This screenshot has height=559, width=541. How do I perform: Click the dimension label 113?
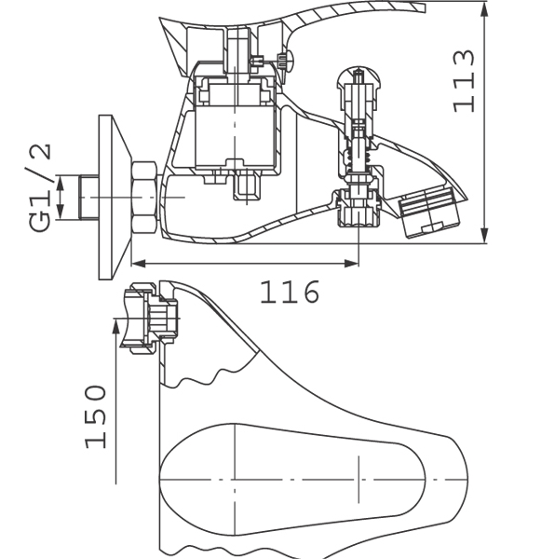tap(464, 81)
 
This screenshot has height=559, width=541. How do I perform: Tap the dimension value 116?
tap(290, 292)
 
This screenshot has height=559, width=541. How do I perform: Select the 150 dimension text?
tap(96, 416)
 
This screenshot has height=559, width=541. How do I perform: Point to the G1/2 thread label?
tap(39, 188)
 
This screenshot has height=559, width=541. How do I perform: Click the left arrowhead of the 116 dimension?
tap(139, 264)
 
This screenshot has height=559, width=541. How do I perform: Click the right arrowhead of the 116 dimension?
tap(352, 264)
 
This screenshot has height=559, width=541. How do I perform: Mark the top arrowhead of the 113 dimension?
tap(484, 10)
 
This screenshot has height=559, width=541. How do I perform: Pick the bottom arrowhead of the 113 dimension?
tap(484, 237)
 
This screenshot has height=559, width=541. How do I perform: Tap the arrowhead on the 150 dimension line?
tap(115, 327)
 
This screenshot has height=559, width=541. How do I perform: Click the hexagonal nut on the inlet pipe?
tap(144, 198)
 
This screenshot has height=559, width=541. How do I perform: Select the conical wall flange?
tap(115, 198)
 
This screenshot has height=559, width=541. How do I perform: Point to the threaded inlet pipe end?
tap(89, 198)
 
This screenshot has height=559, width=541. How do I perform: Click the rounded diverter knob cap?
tap(358, 77)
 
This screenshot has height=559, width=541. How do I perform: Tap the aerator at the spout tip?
tap(429, 211)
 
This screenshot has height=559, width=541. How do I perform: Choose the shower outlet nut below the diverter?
tap(358, 208)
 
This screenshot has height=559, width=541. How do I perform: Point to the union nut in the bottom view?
tap(139, 318)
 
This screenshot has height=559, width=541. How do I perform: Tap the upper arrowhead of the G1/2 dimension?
tap(60, 183)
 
